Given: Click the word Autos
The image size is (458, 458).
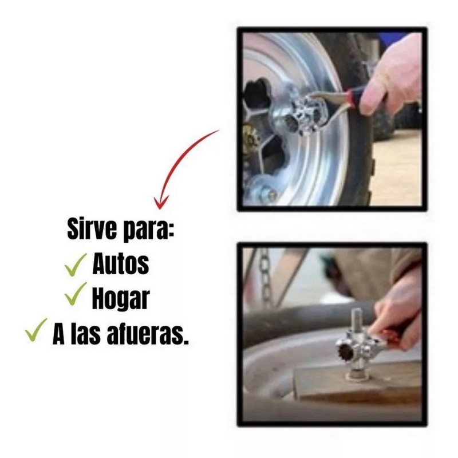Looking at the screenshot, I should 121,264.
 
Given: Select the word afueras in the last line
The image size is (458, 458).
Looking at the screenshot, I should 146,335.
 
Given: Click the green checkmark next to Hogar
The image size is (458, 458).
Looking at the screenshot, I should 76,296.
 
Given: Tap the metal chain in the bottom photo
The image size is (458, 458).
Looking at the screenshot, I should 265,275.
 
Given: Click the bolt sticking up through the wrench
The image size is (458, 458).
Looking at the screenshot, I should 356,321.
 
